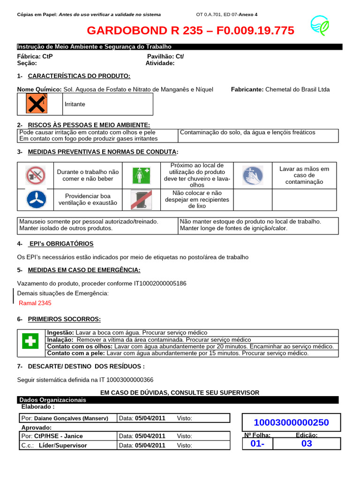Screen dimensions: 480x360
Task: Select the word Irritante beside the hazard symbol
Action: pos(75,104)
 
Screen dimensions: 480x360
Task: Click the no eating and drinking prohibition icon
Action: pos(36,176)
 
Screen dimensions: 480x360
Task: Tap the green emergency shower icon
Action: pos(140,176)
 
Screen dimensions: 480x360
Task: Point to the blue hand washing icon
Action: pos(253,176)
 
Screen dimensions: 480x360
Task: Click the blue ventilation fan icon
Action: pos(36,200)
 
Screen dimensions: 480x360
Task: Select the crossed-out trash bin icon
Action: pos(140,200)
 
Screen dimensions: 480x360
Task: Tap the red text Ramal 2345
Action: pos(35,303)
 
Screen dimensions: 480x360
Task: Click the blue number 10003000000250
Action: pos(291,422)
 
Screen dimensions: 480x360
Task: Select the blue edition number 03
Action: pos(307,443)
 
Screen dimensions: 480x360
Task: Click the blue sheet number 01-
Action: pos(257,443)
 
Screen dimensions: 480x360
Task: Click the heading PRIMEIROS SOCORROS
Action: pos(64,319)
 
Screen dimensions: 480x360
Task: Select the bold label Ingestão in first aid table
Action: pos(60,332)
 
